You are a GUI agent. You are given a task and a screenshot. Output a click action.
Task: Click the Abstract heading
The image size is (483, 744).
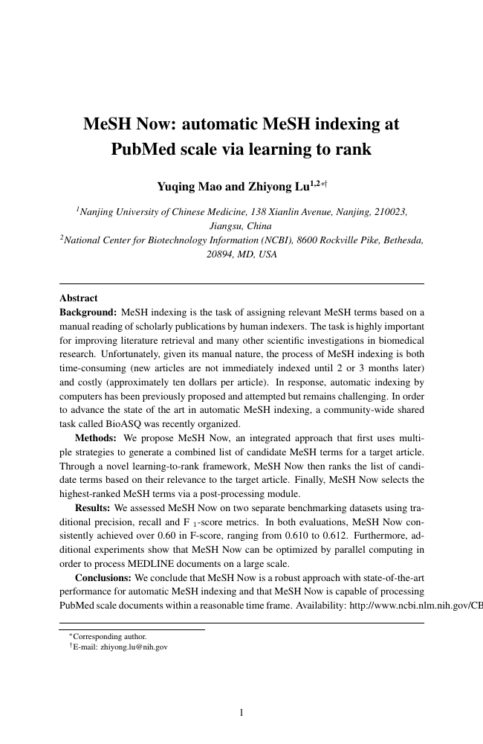coord(78,297)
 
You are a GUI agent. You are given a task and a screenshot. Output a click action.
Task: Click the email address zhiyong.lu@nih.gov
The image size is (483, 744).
coord(134,647)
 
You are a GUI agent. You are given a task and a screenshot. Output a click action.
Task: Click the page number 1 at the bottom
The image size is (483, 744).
coord(241,713)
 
